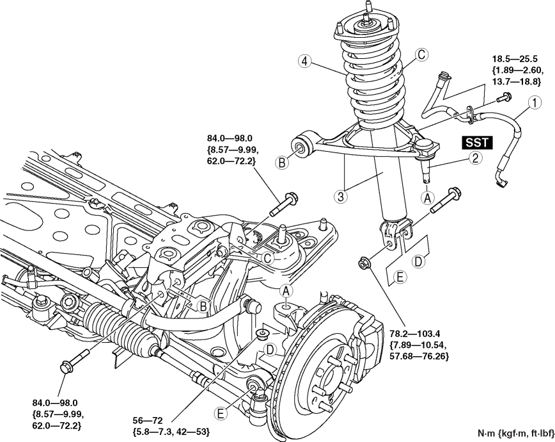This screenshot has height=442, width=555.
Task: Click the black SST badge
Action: click(477, 142)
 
